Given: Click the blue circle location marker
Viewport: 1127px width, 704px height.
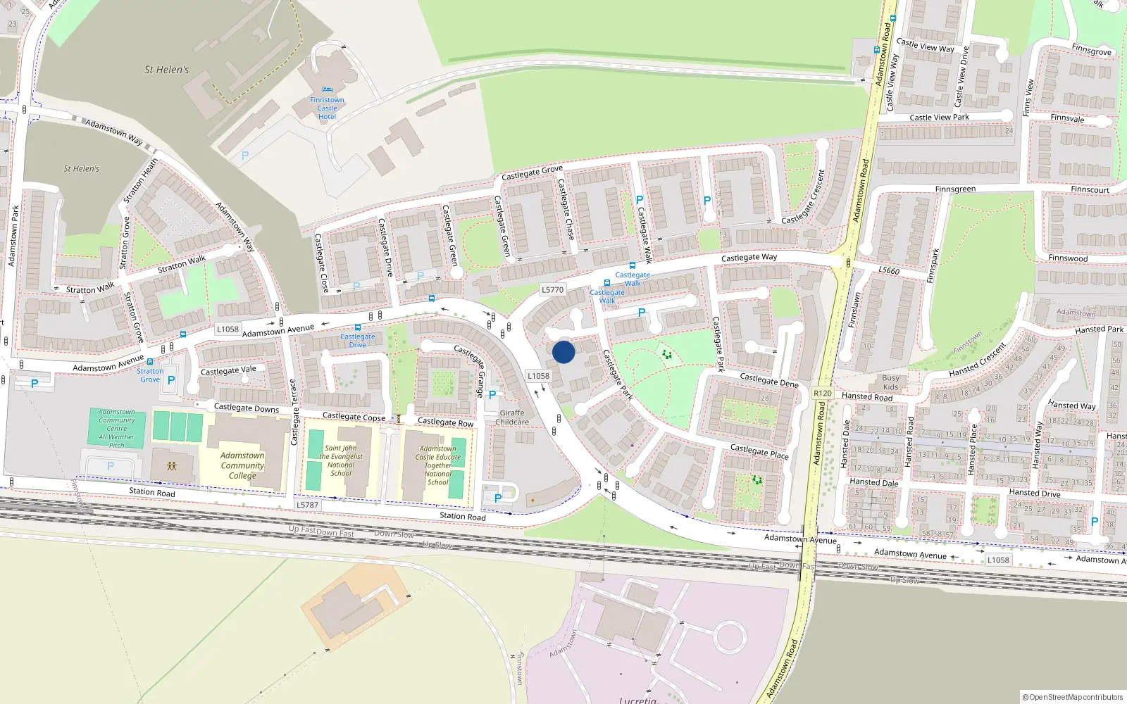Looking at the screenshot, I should tap(563, 352).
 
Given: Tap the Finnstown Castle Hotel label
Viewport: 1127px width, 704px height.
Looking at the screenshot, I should tap(327, 108).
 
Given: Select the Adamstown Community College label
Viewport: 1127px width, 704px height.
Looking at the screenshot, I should tap(242, 465).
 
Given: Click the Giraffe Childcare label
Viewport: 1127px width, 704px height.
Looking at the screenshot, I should tap(512, 417).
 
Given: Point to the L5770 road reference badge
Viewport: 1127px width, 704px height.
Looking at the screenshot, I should tap(553, 289).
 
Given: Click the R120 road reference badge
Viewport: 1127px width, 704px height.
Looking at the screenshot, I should tap(822, 394).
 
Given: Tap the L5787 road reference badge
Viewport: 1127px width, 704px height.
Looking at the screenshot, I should tap(307, 505).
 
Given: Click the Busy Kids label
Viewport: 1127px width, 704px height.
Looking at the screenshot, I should tap(890, 382).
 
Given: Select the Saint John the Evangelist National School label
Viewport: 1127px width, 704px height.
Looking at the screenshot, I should tap(341, 460).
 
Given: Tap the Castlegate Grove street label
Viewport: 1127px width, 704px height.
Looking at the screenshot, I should tap(532, 172).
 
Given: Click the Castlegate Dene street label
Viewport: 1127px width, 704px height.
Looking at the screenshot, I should tap(769, 380).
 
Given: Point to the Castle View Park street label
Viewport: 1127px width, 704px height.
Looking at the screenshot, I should tap(939, 118).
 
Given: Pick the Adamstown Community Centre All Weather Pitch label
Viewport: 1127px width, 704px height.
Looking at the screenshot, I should tap(117, 428).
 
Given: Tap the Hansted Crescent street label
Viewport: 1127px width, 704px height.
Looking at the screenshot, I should tap(977, 360).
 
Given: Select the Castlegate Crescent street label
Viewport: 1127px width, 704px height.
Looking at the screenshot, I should tap(803, 198).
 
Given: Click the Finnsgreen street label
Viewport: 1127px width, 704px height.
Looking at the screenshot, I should tap(955, 189).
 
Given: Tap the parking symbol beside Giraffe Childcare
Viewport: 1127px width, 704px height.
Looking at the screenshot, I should tap(492, 396).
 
